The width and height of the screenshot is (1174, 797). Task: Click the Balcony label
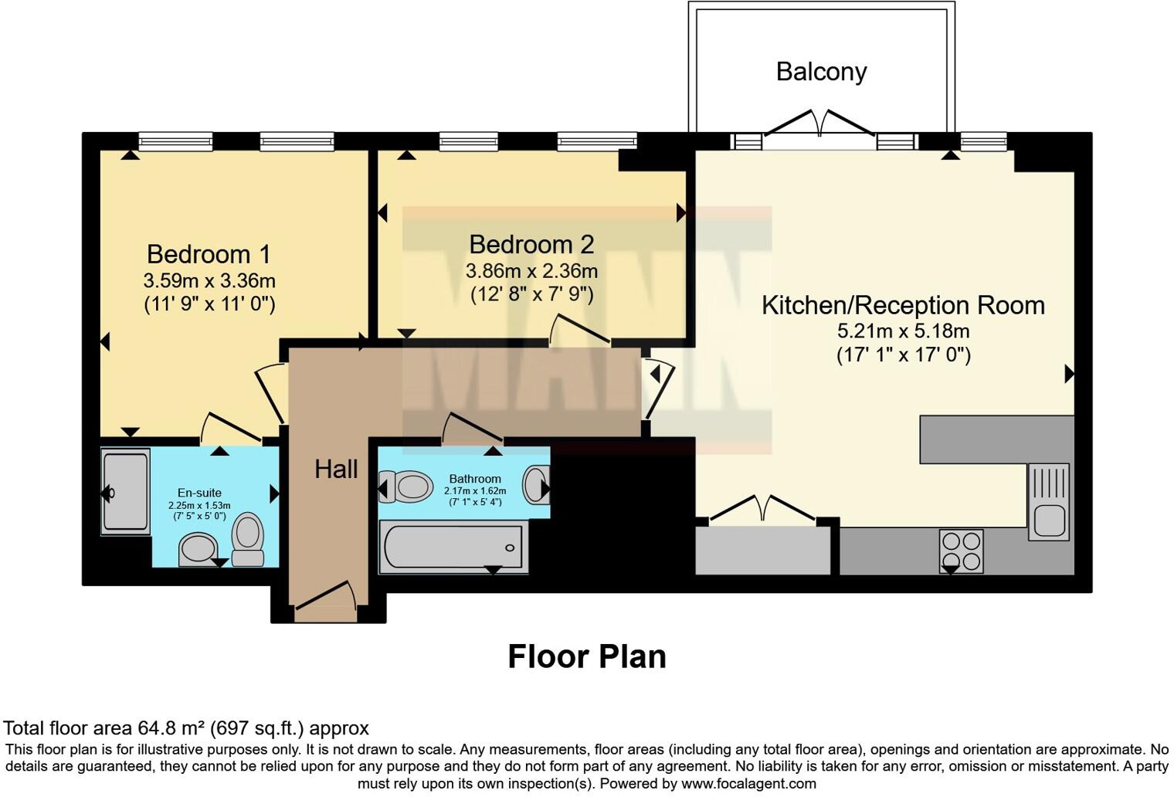coord(821,72)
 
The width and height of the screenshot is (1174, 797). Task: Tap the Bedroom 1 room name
coord(209,254)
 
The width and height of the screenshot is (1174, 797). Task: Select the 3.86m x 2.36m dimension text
coord(531,271)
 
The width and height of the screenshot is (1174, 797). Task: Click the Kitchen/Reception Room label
coord(903,305)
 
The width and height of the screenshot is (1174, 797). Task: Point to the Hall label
coord(336,469)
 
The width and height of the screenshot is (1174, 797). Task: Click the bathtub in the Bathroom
coord(453,547)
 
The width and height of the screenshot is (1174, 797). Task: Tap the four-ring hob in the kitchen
coord(961,550)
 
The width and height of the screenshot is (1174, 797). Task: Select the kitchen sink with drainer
coord(1048,501)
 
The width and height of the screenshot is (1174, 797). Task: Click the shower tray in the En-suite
coord(125,492)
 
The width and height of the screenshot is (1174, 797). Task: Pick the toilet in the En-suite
coord(248,539)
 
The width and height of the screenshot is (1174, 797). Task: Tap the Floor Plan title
coord(586,656)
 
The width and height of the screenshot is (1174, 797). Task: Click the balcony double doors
coord(820,126)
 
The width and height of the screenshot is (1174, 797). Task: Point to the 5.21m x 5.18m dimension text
coord(903,331)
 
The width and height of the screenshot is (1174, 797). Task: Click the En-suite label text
coord(199,493)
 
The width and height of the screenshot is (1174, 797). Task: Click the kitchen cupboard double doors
coord(762,509)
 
